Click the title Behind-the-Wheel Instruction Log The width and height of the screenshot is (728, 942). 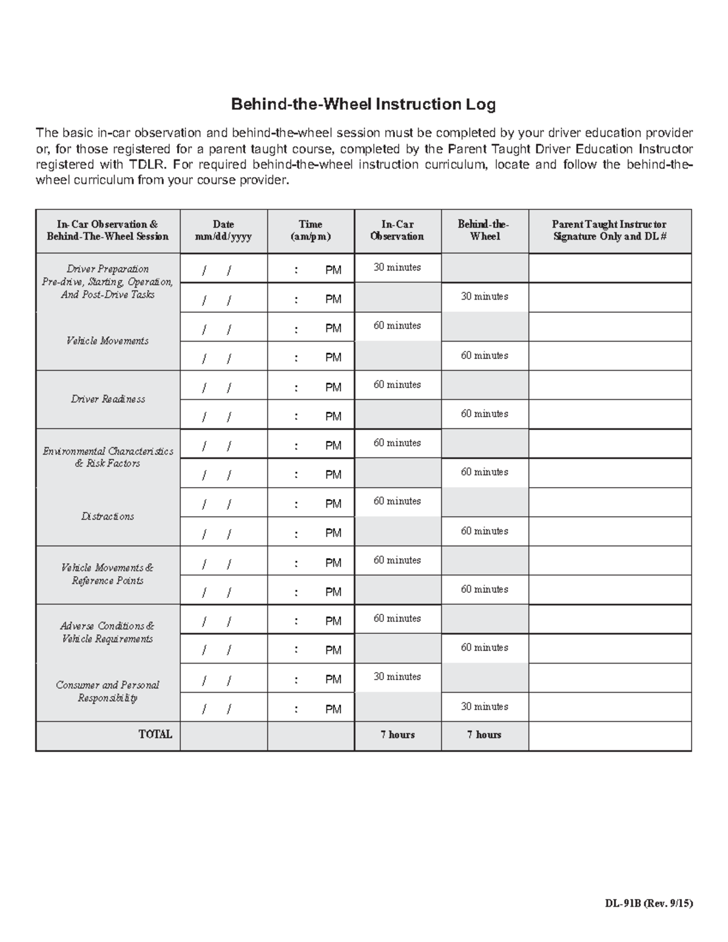pyautogui.click(x=363, y=105)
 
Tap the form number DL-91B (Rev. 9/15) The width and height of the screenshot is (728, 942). pyautogui.click(x=648, y=903)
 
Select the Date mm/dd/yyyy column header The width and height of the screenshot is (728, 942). pyautogui.click(x=223, y=230)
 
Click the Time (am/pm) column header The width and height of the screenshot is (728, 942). pyautogui.click(x=311, y=230)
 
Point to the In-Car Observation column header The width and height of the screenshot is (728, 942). pyautogui.click(x=397, y=230)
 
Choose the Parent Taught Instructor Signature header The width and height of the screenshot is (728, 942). pyautogui.click(x=609, y=230)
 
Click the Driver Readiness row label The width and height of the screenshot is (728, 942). pyautogui.click(x=108, y=399)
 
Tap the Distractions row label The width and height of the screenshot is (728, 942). pyautogui.click(x=108, y=516)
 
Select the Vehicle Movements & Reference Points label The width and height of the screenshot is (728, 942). pyautogui.click(x=108, y=574)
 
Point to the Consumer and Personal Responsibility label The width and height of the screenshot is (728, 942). pyautogui.click(x=108, y=691)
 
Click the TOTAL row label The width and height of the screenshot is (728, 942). pyautogui.click(x=155, y=735)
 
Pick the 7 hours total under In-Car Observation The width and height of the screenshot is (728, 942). pyautogui.click(x=397, y=735)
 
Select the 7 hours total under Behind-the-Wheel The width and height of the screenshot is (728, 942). pyautogui.click(x=484, y=735)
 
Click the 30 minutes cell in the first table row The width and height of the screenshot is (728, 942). pyautogui.click(x=397, y=267)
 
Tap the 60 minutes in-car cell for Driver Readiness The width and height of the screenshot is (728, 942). pyautogui.click(x=397, y=385)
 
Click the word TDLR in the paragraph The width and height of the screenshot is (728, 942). pyautogui.click(x=144, y=165)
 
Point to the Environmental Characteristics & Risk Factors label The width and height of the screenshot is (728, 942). pyautogui.click(x=108, y=457)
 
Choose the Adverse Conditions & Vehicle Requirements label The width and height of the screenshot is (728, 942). pyautogui.click(x=108, y=632)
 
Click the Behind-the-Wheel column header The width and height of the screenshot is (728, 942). pyautogui.click(x=484, y=230)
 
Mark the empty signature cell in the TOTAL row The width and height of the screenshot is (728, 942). pyautogui.click(x=609, y=735)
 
